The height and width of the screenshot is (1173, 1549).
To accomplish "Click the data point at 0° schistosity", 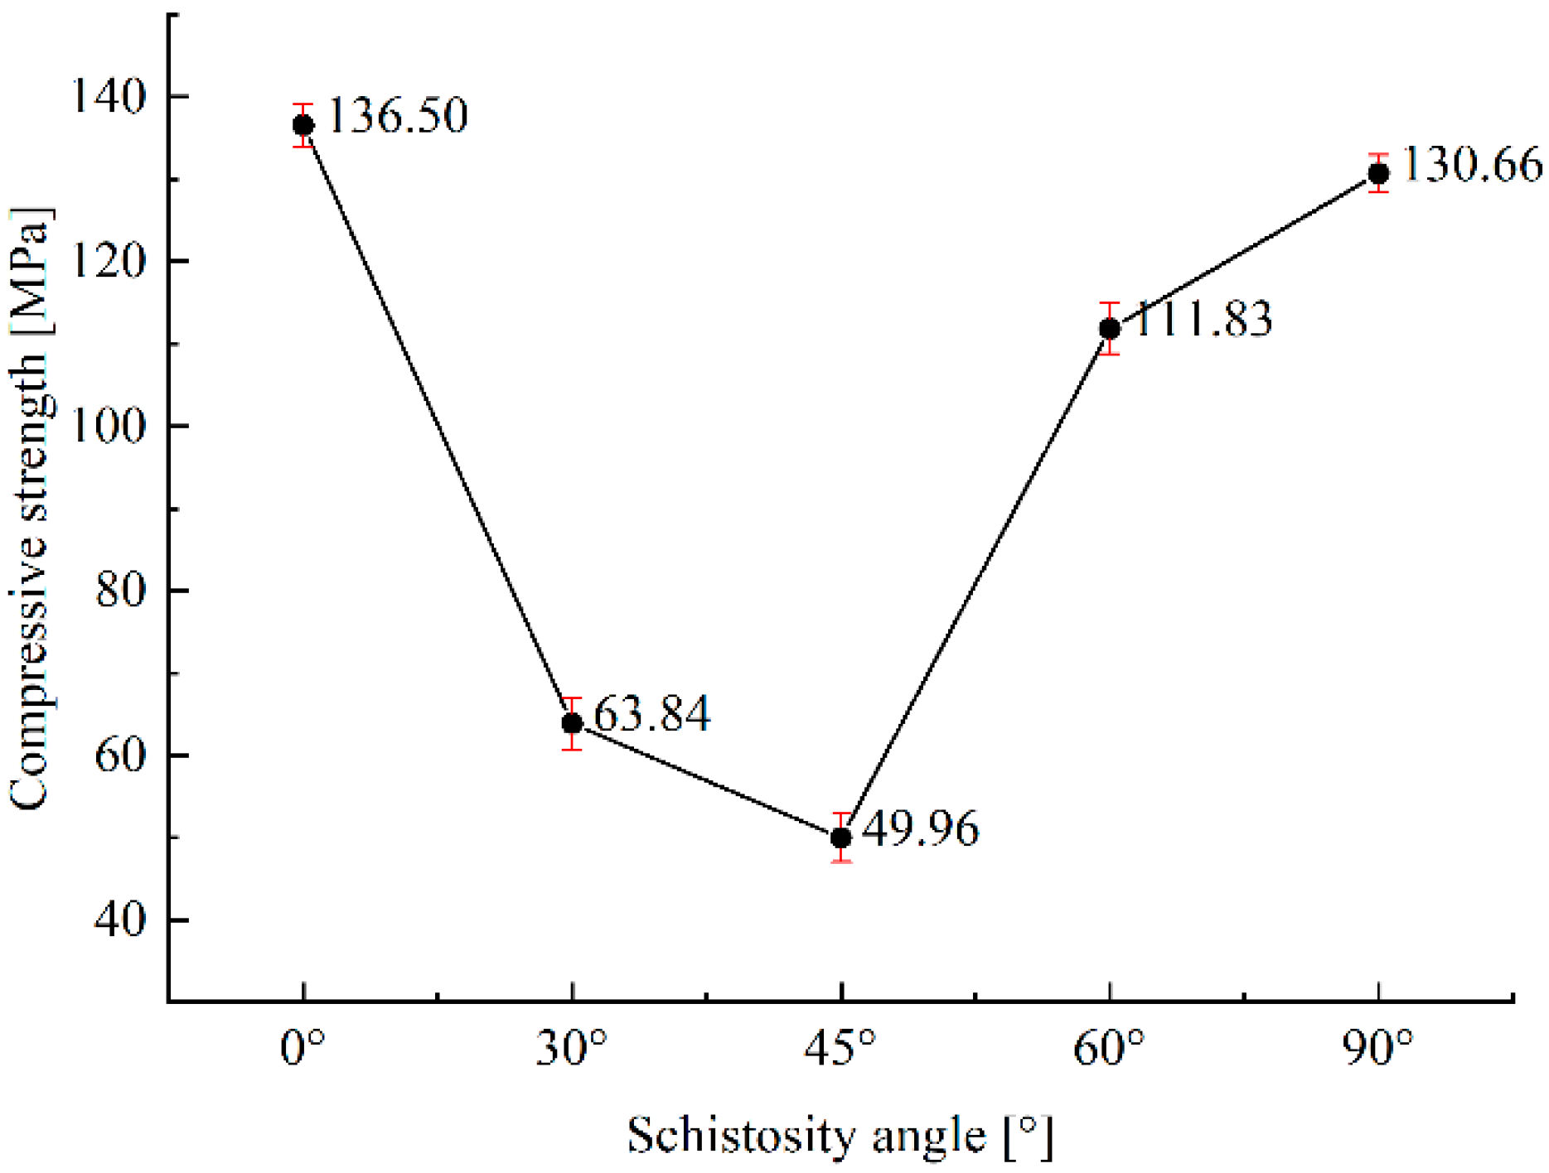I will click(x=303, y=125).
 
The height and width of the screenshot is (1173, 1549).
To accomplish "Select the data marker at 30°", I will click(x=572, y=723).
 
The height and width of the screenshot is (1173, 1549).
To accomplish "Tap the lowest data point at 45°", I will click(x=840, y=838).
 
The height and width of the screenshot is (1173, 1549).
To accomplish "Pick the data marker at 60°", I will click(x=1109, y=329).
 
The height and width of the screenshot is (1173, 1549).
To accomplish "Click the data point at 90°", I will click(x=1378, y=173).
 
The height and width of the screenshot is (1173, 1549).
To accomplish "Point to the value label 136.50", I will click(x=398, y=115).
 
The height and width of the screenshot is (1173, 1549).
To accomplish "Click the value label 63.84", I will click(x=652, y=713).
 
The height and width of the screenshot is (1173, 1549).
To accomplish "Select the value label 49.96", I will click(x=920, y=828).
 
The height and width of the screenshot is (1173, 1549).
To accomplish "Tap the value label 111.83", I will click(x=1202, y=319).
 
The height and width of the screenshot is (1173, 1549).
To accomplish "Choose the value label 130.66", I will click(x=1471, y=164).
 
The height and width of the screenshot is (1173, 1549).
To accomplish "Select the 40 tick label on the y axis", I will click(x=120, y=920).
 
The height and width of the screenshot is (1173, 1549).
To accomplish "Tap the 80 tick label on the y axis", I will click(x=120, y=590).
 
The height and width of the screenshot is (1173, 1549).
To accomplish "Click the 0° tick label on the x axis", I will click(x=303, y=1049).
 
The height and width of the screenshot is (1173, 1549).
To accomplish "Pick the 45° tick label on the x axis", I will click(x=840, y=1049).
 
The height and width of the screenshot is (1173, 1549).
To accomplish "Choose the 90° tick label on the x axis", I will click(x=1377, y=1049).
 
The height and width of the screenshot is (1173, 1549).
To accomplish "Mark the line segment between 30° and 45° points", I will click(x=706, y=780).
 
